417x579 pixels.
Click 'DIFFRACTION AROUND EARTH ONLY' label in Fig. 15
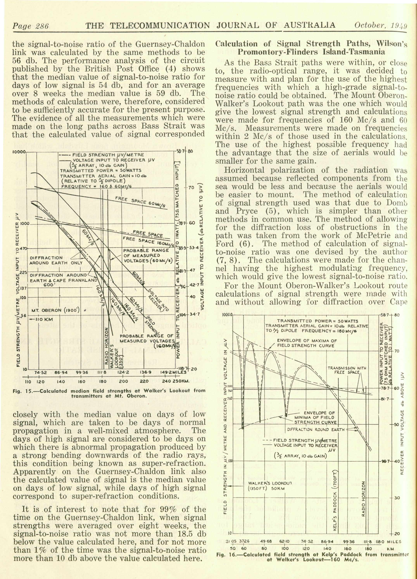56,260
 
